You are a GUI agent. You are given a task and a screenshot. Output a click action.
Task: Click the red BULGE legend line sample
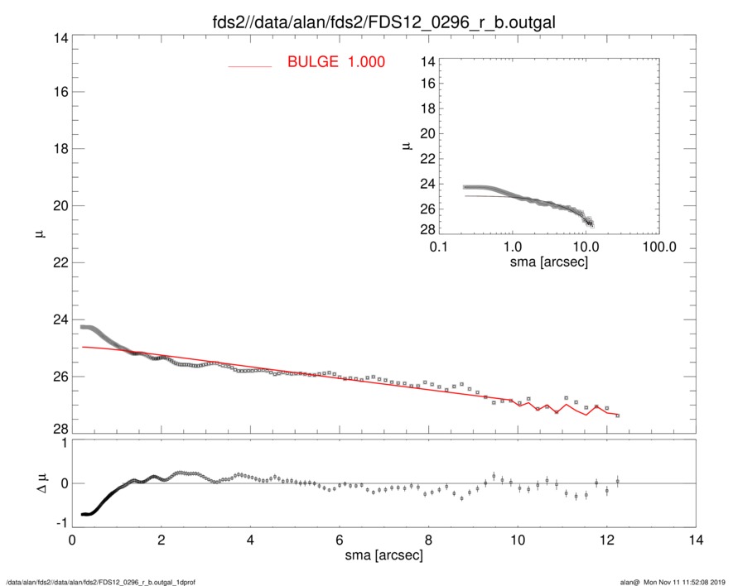[250, 65]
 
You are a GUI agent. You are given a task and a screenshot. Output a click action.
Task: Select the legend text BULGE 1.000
[335, 62]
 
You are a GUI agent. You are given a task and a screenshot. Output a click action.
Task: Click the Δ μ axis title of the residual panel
[35, 483]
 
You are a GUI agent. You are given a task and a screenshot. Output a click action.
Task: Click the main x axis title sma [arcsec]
[384, 555]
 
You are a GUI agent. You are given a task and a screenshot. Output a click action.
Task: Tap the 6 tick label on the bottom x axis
[340, 540]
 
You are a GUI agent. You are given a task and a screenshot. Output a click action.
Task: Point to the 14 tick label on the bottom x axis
[697, 540]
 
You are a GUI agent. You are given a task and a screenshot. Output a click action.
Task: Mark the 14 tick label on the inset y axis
[428, 61]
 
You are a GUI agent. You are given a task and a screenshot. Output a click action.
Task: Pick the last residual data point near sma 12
[617, 481]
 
